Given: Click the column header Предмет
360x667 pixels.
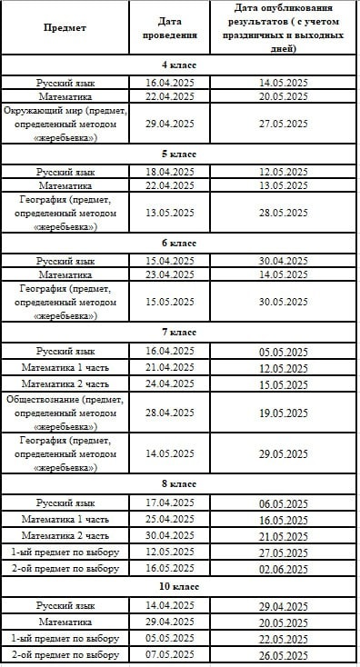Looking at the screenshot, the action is (x=65, y=27).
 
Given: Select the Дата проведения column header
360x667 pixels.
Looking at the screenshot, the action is (x=169, y=27).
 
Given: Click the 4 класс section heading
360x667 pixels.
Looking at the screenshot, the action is (x=179, y=65).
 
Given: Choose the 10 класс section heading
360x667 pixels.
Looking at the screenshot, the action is (x=179, y=587).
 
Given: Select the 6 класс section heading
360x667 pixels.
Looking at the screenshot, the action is (x=179, y=244).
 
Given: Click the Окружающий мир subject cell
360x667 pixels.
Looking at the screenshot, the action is (x=65, y=124).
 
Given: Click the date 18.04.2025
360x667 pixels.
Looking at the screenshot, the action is (x=169, y=172).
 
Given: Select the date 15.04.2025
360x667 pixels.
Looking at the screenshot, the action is (x=169, y=261).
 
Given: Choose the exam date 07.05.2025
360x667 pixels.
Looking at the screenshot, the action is (x=169, y=654).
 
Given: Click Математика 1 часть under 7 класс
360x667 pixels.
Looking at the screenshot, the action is (x=65, y=367).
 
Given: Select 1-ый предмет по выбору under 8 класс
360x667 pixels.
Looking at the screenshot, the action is (x=65, y=552).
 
